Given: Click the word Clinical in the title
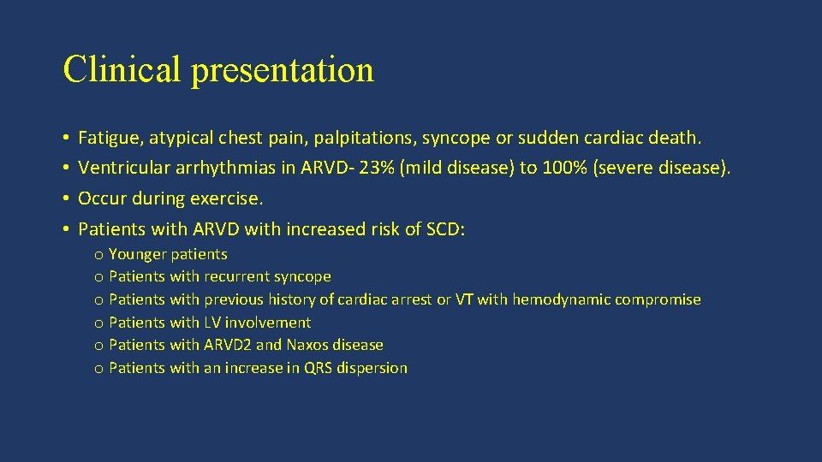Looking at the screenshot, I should click(x=122, y=69).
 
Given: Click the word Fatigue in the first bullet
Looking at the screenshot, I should click(x=106, y=137).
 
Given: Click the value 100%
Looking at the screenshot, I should click(x=561, y=168).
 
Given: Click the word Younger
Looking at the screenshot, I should click(x=139, y=254).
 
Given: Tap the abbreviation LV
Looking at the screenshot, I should click(x=213, y=323).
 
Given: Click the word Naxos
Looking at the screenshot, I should click(x=307, y=345).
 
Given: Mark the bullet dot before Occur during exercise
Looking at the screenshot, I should click(x=65, y=199).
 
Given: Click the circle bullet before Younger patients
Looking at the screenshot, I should click(x=99, y=255).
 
